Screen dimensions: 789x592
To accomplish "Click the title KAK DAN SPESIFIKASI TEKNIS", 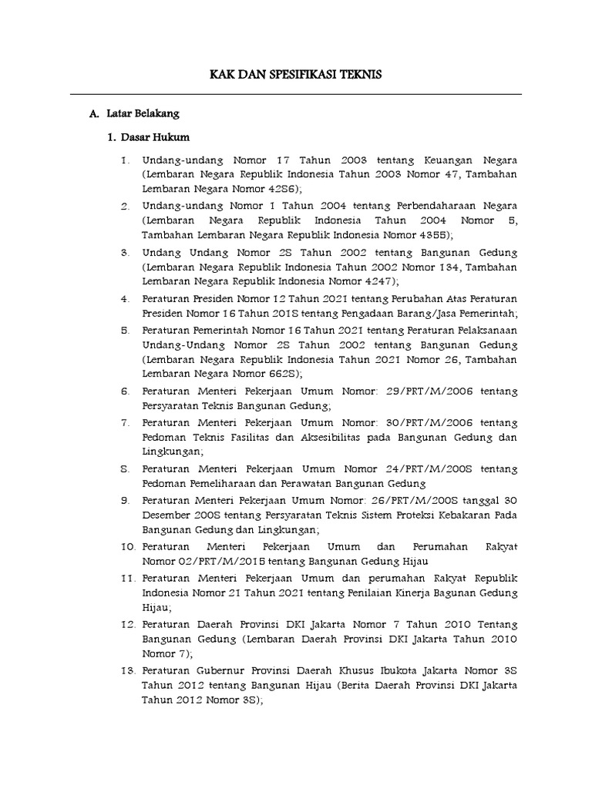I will pos(296,75).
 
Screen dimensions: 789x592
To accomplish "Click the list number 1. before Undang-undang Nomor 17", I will pos(126,160).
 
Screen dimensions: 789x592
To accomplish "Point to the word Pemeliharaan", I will pos(219,484).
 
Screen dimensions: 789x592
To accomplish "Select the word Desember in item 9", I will pos(165,515).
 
